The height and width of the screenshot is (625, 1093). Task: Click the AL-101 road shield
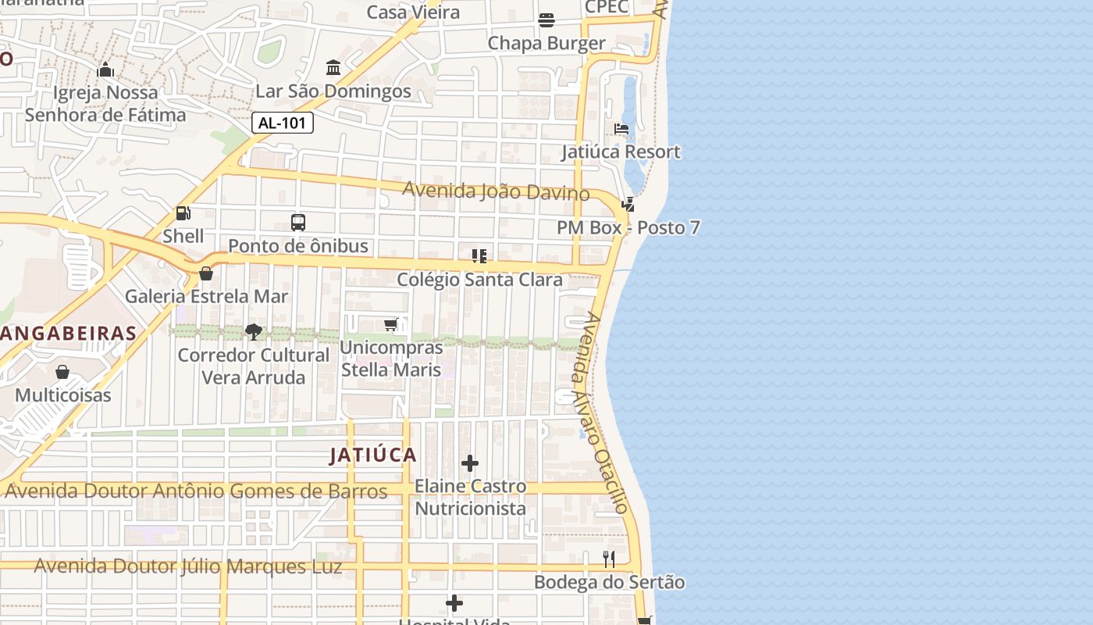tap(283, 123)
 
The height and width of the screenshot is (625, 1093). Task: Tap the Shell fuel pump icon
tap(183, 212)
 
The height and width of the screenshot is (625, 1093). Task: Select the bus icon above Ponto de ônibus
tap(298, 222)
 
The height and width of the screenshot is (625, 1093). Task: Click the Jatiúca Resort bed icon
tap(621, 129)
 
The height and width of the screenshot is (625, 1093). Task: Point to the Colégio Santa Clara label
tap(479, 280)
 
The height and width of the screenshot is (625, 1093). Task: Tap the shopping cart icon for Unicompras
tap(391, 324)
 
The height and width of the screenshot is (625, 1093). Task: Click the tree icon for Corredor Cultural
tap(253, 332)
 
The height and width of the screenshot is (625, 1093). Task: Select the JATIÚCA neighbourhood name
tap(373, 455)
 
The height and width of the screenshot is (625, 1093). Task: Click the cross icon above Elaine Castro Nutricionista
tap(470, 463)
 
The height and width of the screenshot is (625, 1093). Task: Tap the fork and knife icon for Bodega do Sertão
tap(609, 559)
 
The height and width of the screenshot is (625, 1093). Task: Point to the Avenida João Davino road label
tap(496, 191)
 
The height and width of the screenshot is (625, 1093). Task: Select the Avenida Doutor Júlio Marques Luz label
tap(188, 566)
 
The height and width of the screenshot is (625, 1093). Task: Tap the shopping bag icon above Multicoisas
tap(62, 372)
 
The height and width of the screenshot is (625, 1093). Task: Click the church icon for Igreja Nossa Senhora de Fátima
tap(105, 70)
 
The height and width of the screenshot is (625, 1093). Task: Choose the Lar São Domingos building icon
tap(333, 68)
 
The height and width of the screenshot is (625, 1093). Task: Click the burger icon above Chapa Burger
tap(546, 20)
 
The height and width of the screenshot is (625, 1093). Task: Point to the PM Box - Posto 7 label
tap(628, 228)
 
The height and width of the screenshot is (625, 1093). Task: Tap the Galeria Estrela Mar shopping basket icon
tap(206, 273)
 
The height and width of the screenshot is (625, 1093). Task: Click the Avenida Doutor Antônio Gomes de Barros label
tap(196, 491)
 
